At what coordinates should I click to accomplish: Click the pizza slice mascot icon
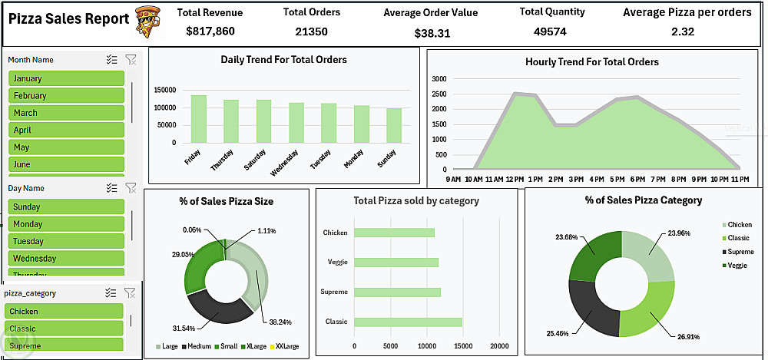(x=147, y=21)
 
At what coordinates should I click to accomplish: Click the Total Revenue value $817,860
(x=210, y=31)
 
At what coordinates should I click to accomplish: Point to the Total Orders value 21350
(x=311, y=31)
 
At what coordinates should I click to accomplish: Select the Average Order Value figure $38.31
(x=432, y=33)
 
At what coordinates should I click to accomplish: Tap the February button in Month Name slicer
(x=66, y=96)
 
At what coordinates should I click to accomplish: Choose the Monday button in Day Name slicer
(x=66, y=224)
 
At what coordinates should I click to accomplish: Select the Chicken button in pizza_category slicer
(x=66, y=312)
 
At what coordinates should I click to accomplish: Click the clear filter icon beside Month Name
(x=130, y=60)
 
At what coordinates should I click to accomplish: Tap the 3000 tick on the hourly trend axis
(x=439, y=79)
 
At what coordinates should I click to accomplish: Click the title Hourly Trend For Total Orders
(x=591, y=62)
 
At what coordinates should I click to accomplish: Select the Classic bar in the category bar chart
(x=408, y=322)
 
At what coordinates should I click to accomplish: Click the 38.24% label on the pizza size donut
(x=280, y=322)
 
